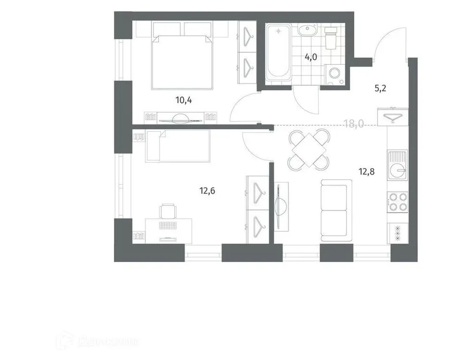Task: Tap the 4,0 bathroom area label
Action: [x=311, y=56]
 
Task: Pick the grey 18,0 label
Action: [x=353, y=124]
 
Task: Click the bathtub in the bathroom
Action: [x=278, y=53]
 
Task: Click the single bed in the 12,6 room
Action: [x=178, y=146]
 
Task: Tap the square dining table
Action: [x=309, y=151]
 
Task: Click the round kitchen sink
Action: [x=398, y=170]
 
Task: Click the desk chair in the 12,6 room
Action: [x=168, y=211]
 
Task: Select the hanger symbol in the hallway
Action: [x=394, y=116]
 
